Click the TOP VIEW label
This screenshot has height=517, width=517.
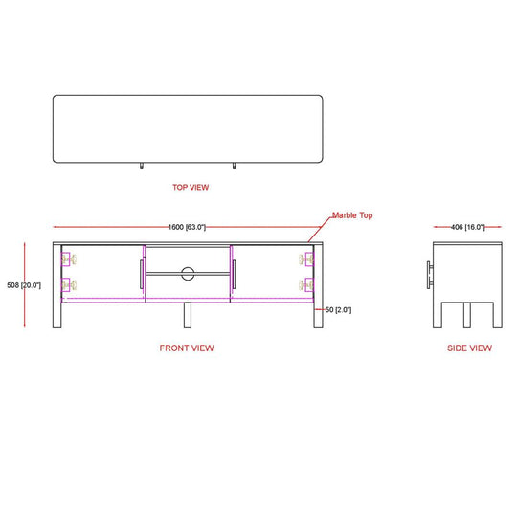pos(191,187)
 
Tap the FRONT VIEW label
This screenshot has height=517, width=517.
pos(187,348)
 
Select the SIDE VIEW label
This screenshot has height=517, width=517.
pos(469,348)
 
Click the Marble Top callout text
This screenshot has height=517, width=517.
pos(352,215)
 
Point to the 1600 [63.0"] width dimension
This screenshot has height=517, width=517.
pos(187,227)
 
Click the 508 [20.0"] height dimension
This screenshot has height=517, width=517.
pos(24,285)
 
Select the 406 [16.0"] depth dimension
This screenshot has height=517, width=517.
pos(467,227)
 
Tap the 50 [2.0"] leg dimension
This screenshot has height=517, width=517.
pos(338,310)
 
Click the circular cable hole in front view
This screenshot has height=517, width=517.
pos(188,274)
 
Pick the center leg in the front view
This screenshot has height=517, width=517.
pos(188,315)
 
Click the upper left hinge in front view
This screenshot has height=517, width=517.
pos(69,259)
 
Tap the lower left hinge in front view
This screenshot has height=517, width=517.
pos(69,285)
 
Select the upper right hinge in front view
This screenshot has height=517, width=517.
pos(306,259)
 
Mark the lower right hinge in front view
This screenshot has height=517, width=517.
pos(306,285)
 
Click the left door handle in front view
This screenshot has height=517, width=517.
pos(142,275)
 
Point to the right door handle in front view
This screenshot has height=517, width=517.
pos(234,275)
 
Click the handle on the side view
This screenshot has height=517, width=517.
pos(430,275)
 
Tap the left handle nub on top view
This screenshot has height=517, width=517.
pos(142,166)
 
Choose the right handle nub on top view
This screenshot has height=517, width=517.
pos(234,166)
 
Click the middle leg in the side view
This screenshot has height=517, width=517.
pos(467,315)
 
